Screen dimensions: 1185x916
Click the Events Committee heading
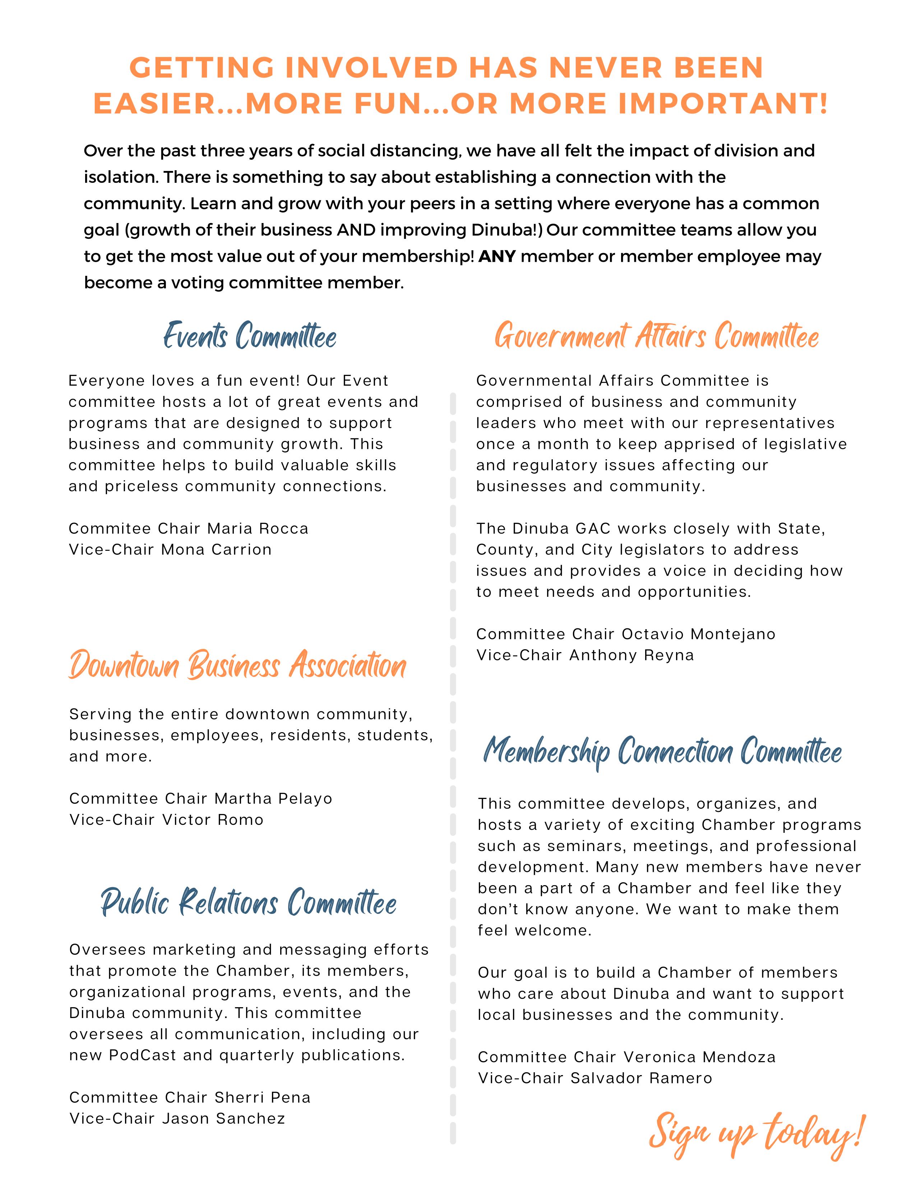[x=250, y=336]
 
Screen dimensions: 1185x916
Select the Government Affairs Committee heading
[x=657, y=336]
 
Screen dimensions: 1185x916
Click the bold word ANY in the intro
[x=497, y=256]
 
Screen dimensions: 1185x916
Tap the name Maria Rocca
[x=258, y=529]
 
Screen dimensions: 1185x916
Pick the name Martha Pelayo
[x=273, y=798]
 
